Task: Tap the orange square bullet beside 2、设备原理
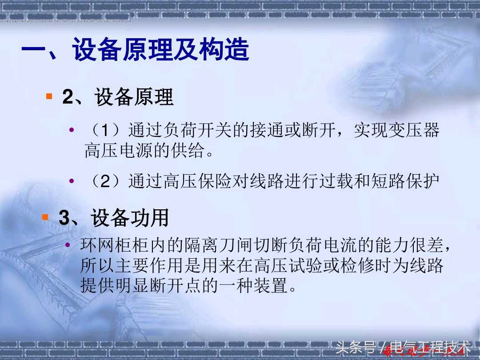(49, 96)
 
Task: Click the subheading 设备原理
(134, 97)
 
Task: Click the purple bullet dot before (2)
(72, 181)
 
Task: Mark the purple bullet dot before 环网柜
(68, 244)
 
